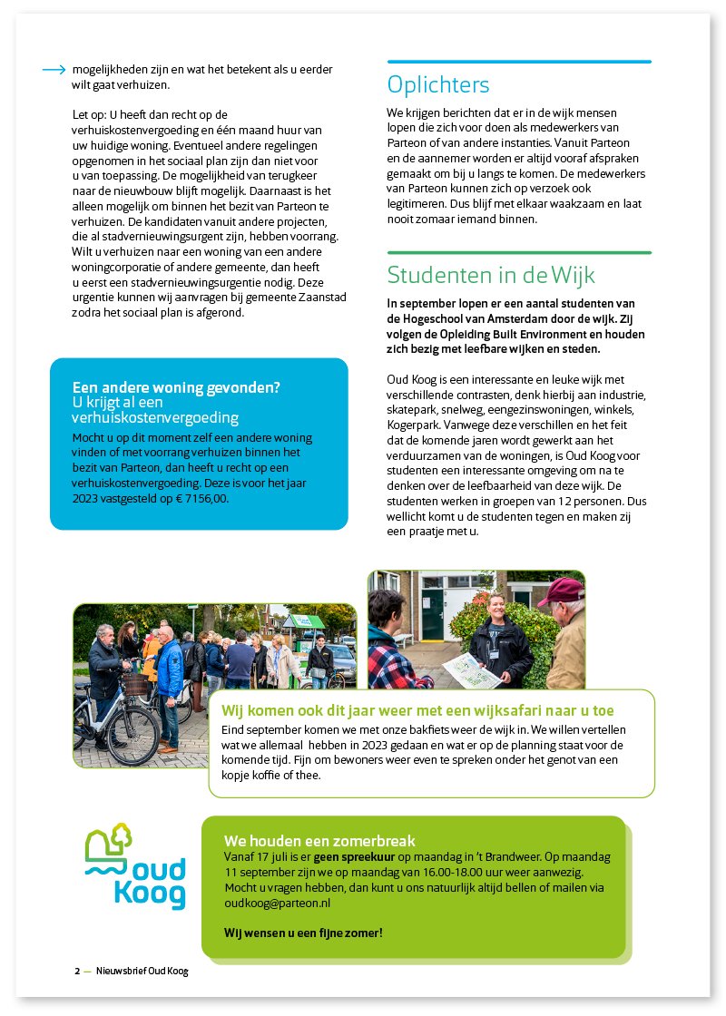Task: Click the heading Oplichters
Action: coord(438,85)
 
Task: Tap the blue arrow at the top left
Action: coord(54,70)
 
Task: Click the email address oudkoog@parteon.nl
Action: coord(277,904)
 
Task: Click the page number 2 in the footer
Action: coord(77,971)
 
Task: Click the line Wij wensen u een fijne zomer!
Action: coord(303,933)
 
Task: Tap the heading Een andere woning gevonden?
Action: coord(176,387)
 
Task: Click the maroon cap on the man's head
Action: coord(561,590)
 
